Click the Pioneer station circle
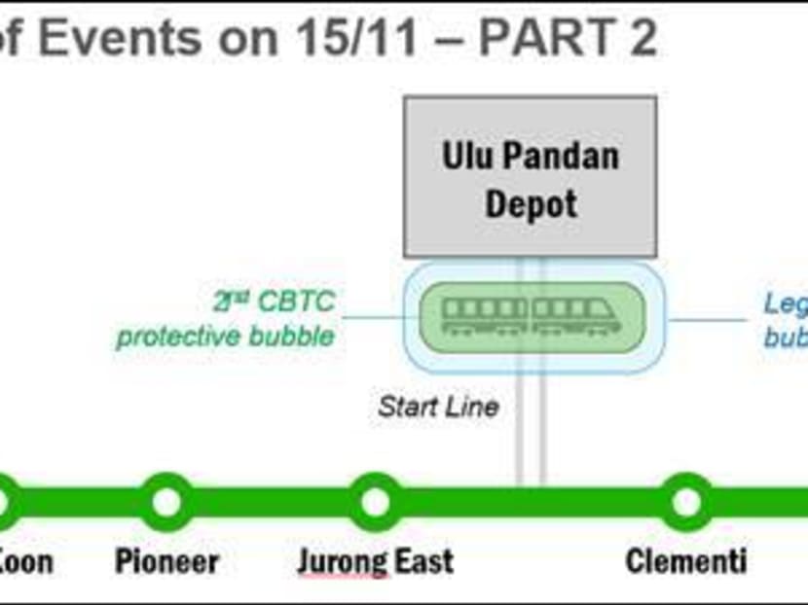coord(166,502)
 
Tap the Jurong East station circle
coord(375,502)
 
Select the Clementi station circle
coord(686,502)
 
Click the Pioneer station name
coord(166,561)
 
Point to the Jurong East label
coord(375,561)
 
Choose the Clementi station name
coord(686,561)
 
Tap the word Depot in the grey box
coord(531,203)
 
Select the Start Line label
coord(438,406)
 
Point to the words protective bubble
coord(225,338)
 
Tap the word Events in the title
coord(128,40)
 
